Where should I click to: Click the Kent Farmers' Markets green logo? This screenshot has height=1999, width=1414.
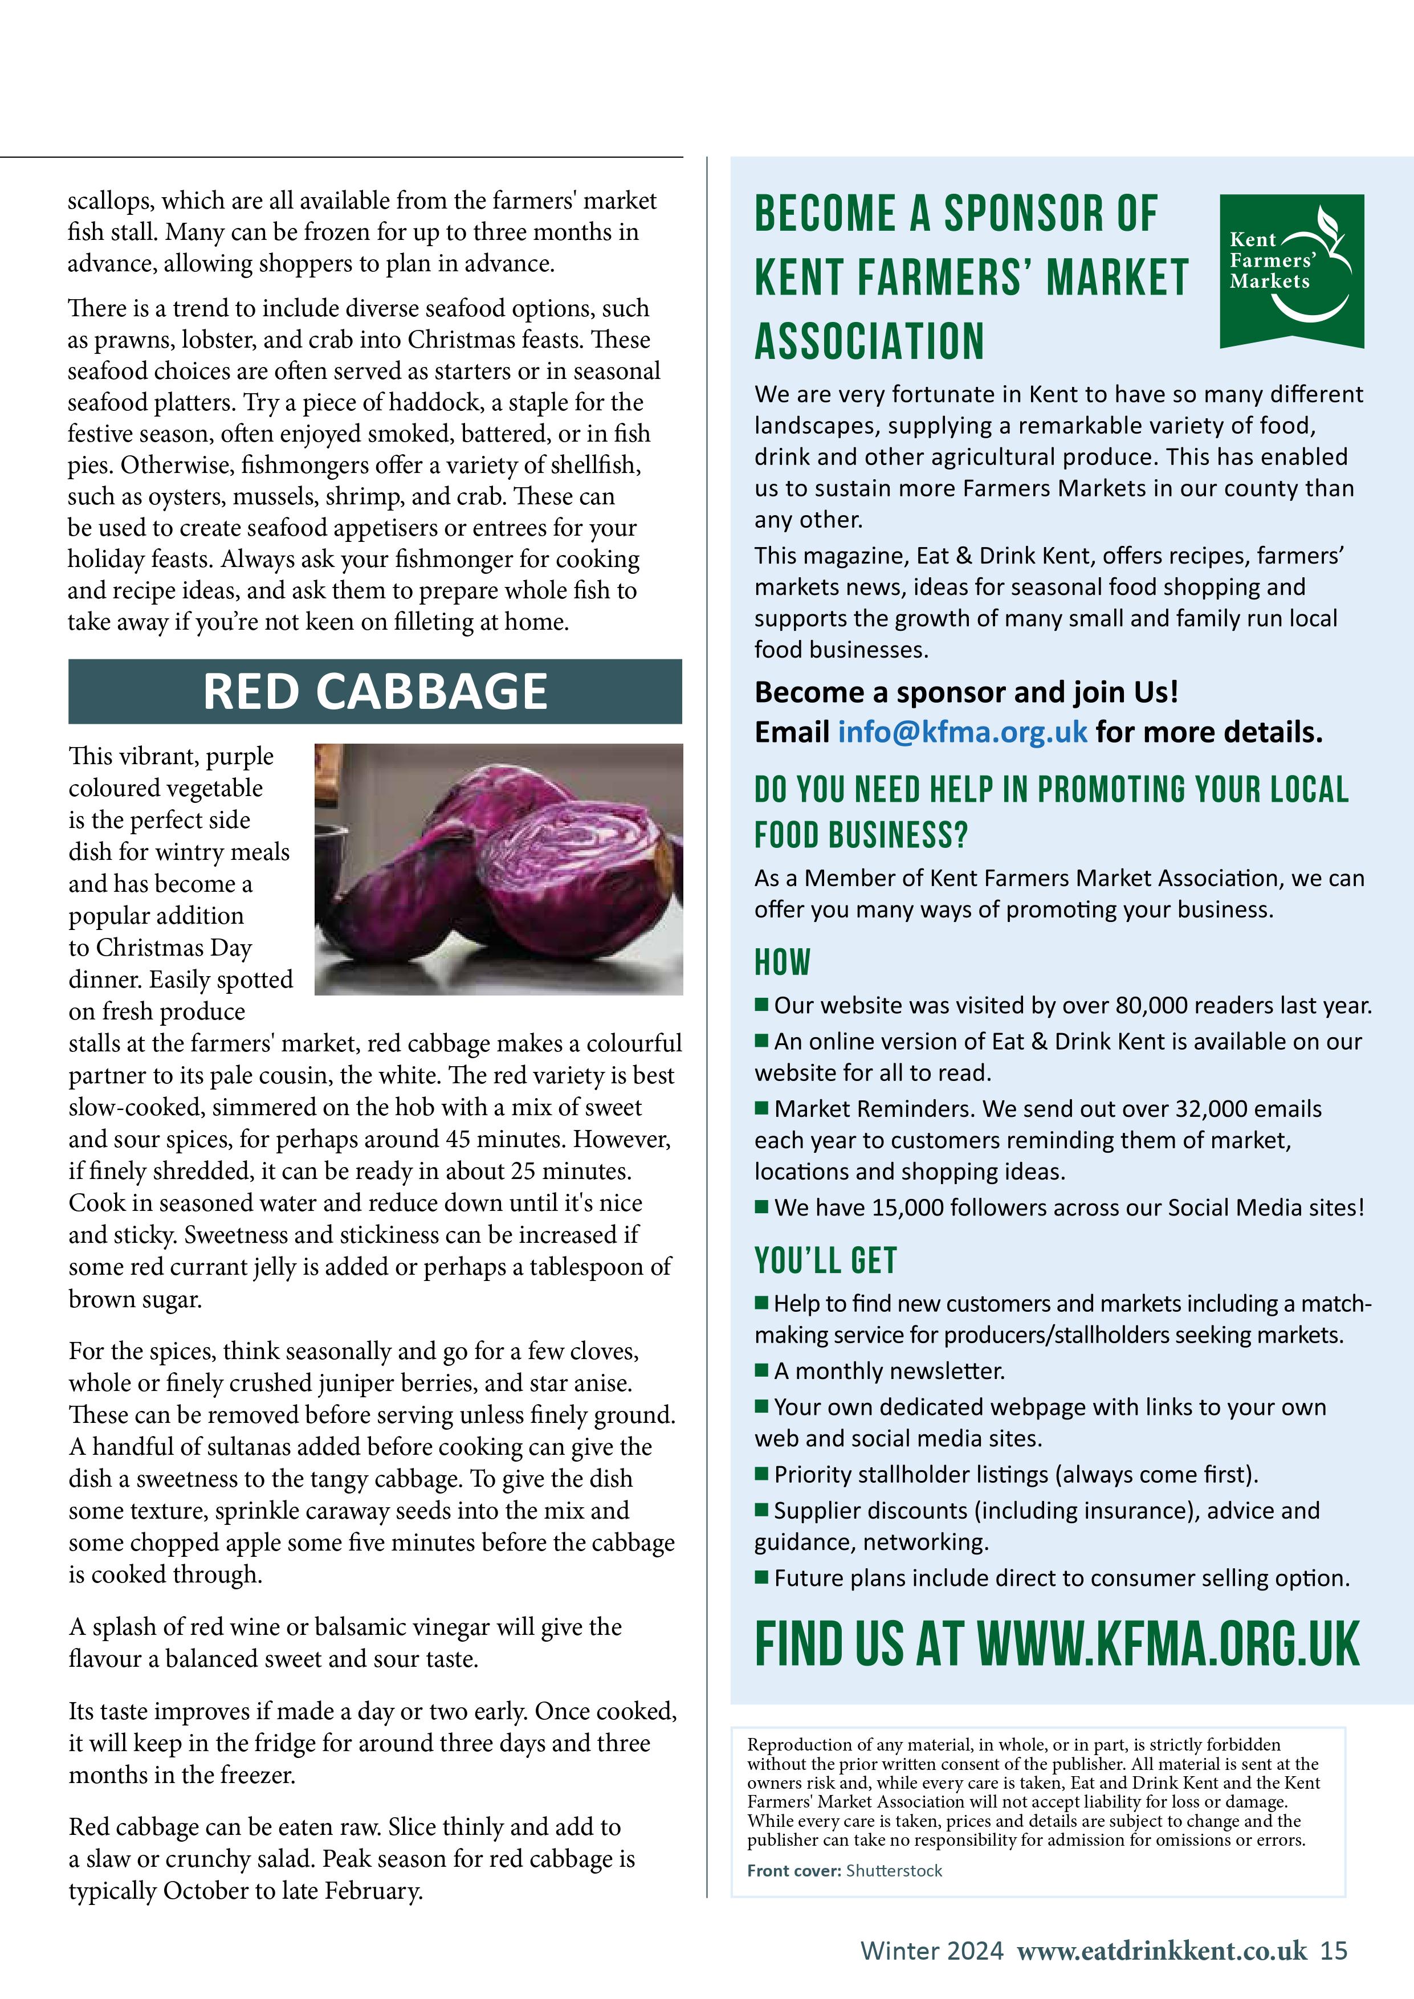1291,271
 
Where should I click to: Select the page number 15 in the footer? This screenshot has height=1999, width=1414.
1334,1950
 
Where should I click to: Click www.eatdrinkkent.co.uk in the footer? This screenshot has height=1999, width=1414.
1162,1950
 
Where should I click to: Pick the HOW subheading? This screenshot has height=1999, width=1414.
783,962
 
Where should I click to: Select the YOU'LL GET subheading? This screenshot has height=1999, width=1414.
825,1260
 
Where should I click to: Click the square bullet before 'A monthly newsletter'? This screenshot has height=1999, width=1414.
762,1369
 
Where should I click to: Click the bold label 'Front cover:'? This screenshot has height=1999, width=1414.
794,1870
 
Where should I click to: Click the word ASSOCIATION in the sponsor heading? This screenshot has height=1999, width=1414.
869,341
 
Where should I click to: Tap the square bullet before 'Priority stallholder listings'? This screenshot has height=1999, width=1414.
762,1473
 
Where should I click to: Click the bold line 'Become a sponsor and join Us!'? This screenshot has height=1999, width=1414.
967,692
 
